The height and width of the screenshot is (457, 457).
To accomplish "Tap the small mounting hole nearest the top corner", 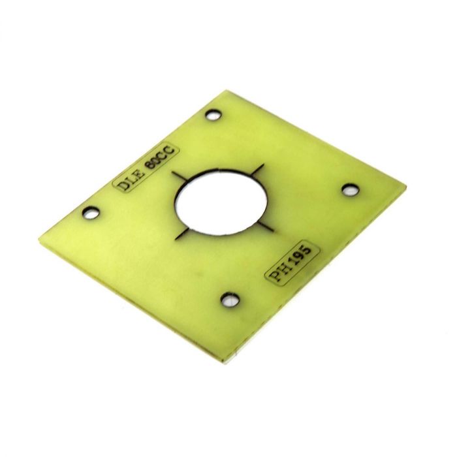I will click(x=212, y=116).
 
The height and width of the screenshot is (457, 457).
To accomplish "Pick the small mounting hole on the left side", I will click(x=91, y=212).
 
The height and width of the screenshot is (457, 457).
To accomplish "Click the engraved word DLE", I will click(x=130, y=180).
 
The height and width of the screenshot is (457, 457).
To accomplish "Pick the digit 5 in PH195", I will click(x=306, y=251).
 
